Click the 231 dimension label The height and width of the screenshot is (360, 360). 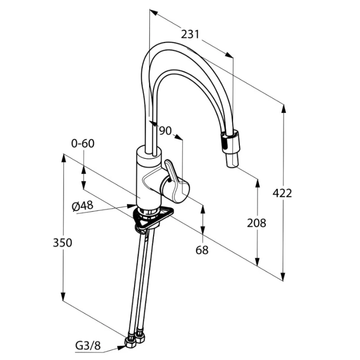(190, 34)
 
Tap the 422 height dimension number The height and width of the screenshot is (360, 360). (282, 193)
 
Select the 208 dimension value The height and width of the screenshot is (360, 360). (256, 223)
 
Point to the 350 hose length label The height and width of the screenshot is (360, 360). (62, 243)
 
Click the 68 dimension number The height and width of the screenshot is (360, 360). (202, 250)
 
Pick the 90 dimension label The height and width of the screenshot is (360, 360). (166, 130)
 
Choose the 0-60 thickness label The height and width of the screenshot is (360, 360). (83, 144)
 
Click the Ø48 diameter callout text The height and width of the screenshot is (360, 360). (83, 206)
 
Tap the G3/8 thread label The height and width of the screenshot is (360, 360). (88, 346)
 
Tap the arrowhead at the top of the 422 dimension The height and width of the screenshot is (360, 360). (284, 108)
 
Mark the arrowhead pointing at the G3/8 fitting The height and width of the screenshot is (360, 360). (121, 348)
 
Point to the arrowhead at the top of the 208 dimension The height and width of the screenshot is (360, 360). (257, 184)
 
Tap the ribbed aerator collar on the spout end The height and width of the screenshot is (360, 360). (230, 142)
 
